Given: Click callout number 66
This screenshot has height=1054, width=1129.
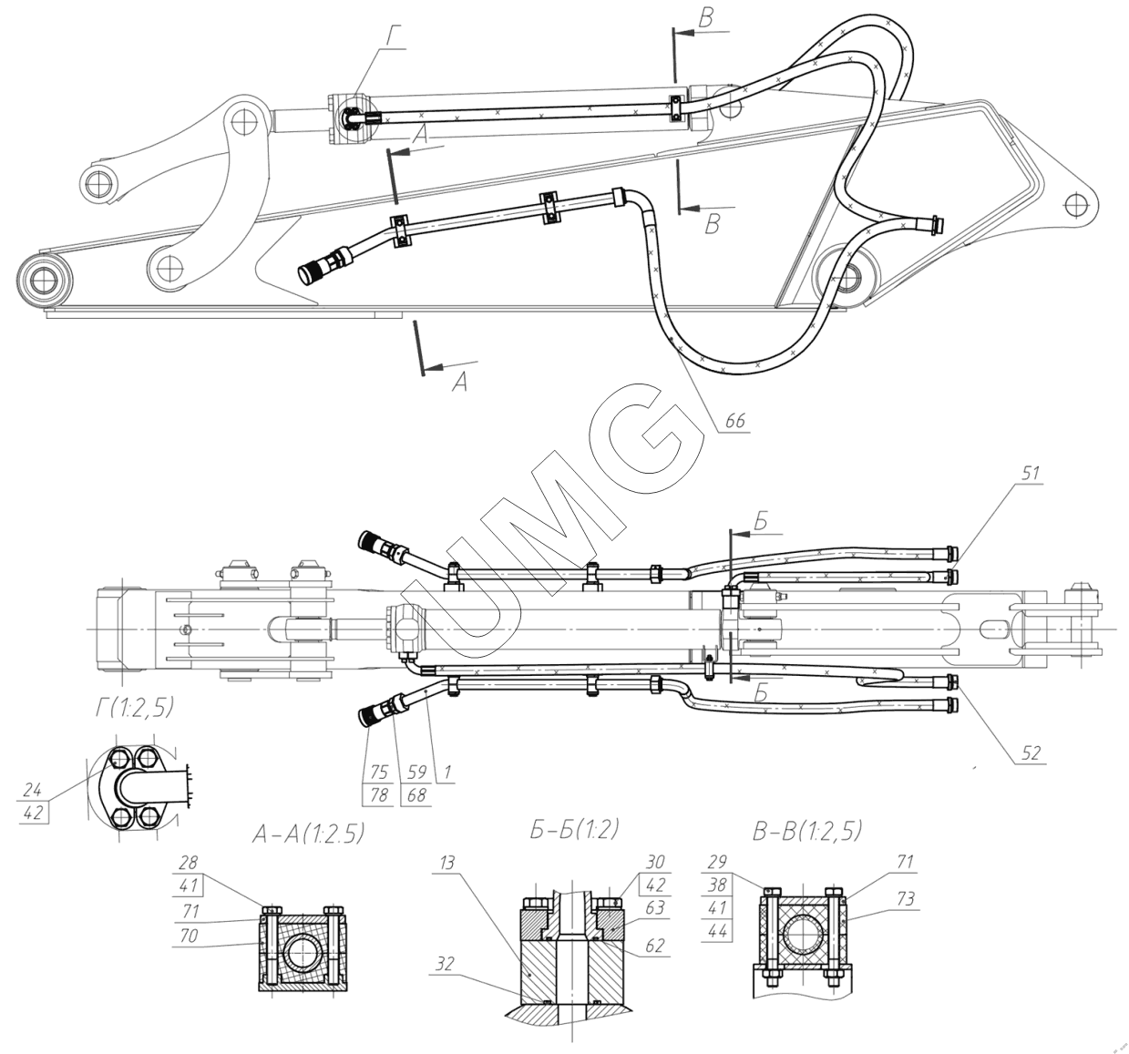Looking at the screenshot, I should pos(734,421).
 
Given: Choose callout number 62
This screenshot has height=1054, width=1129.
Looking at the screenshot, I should pos(655,947).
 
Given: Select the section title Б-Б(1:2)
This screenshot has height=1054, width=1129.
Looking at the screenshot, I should pos(572,829).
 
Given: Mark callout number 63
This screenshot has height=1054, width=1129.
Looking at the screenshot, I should pos(655,907).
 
